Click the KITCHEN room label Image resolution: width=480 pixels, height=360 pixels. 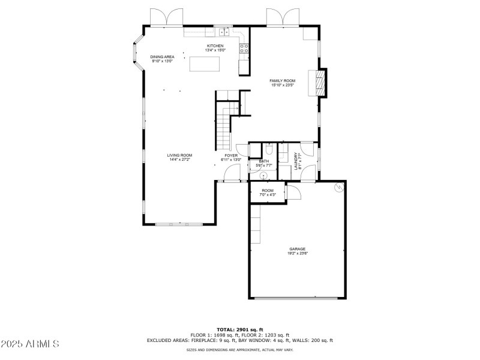coord(215,46)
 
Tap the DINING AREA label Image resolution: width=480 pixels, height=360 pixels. coord(162,57)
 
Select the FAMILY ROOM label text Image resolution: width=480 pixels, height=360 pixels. coord(282,81)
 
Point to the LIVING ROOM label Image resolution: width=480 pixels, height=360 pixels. coord(179,155)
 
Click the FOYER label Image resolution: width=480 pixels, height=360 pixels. coord(231,155)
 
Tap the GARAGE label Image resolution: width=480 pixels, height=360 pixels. coord(298,249)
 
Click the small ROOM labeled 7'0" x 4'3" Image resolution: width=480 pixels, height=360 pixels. coord(267,191)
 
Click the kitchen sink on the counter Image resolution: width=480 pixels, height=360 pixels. coord(224,32)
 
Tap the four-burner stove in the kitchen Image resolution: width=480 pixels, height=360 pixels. coord(244,49)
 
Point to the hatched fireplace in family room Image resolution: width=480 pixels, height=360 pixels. coord(317,83)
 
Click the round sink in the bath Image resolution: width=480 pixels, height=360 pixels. coord(263,175)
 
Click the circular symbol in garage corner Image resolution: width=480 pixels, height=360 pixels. coord(338,187)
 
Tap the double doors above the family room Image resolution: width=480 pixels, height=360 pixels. coord(283,17)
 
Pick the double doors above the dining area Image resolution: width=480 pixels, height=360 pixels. coord(166,17)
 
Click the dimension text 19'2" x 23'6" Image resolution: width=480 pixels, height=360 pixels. coord(298,253)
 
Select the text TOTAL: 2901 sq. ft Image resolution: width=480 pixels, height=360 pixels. coord(239,329)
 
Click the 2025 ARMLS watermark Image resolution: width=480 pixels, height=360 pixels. coord(29,344)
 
